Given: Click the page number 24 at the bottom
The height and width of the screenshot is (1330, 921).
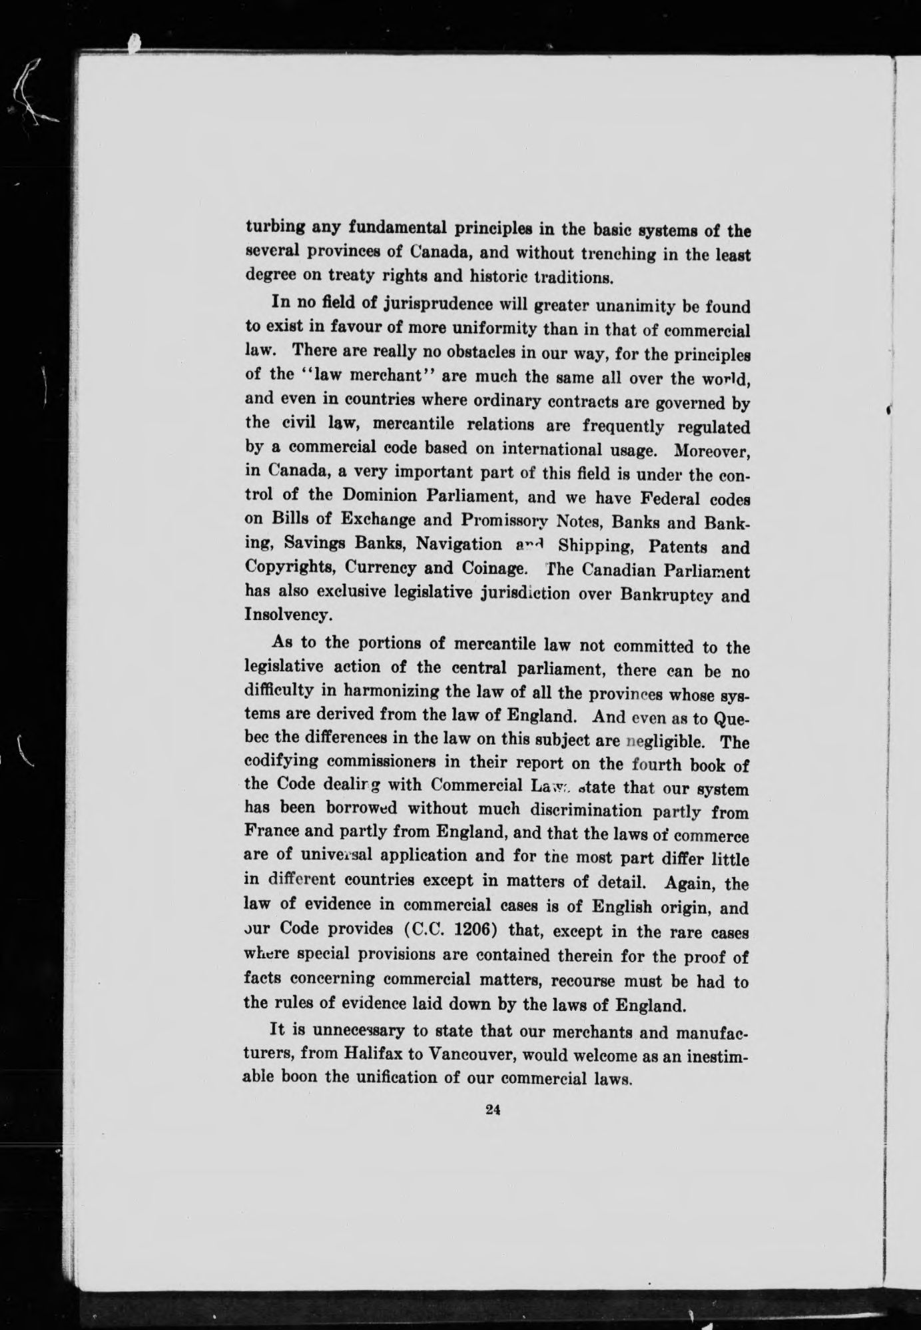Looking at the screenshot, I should (493, 1110).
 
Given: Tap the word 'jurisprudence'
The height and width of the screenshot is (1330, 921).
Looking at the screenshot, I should (412, 306).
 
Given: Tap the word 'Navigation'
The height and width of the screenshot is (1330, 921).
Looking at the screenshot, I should (460, 544).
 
